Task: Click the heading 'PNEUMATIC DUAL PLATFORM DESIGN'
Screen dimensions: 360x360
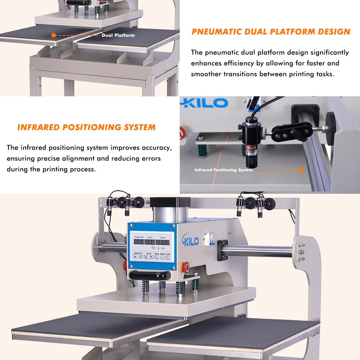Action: tap(271, 32)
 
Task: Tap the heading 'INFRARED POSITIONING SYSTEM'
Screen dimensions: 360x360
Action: tap(86, 127)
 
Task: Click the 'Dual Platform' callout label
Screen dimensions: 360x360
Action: tap(118, 35)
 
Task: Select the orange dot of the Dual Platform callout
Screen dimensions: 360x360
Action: tap(53, 35)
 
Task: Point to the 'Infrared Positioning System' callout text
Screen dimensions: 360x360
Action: tap(223, 170)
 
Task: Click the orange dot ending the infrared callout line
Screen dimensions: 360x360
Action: tap(301, 170)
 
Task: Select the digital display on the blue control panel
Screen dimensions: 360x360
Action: tap(151, 242)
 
